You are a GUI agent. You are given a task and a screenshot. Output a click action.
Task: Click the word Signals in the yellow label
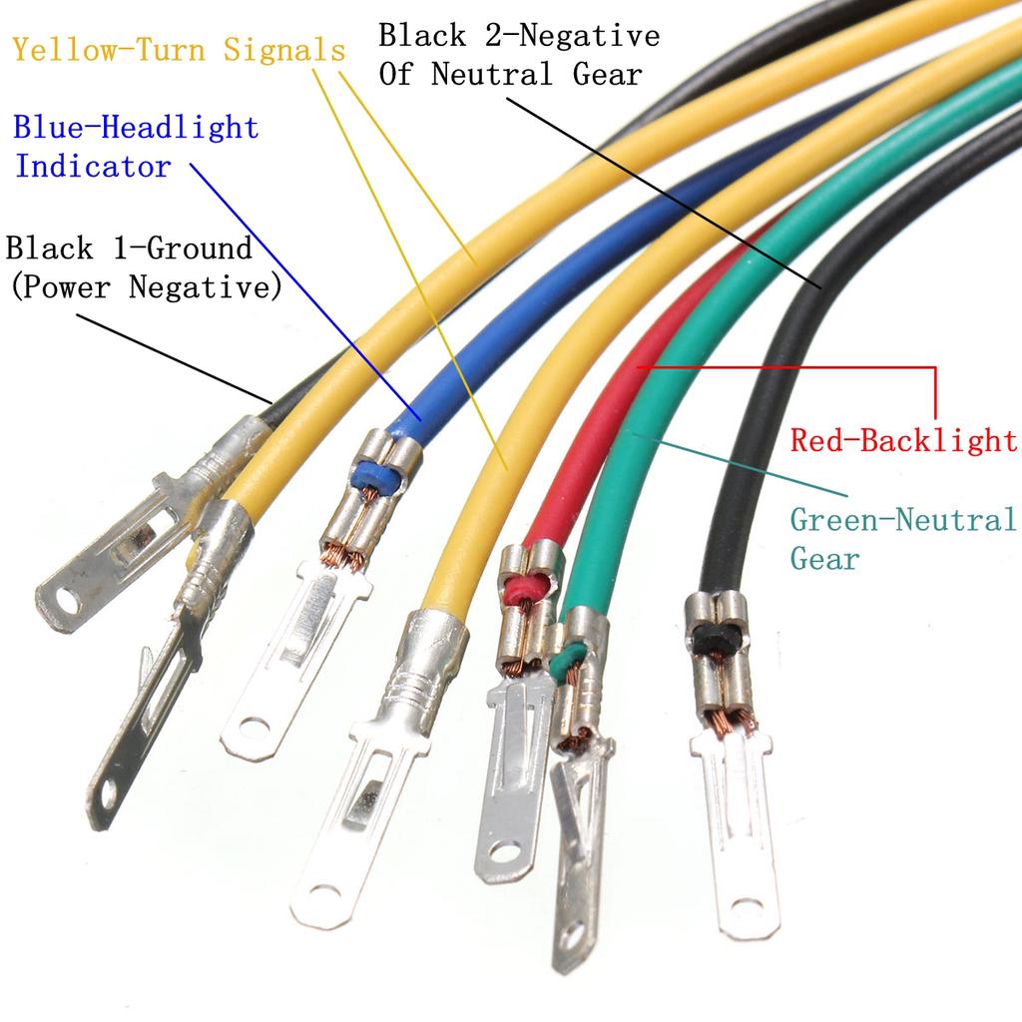(x=284, y=50)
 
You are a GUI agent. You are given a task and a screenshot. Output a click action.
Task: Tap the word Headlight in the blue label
(x=181, y=127)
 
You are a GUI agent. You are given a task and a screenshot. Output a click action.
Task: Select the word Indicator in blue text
(x=93, y=166)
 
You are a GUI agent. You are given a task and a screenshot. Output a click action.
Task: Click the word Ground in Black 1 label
(x=200, y=248)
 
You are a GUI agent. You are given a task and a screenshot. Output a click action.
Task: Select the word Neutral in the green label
(x=955, y=519)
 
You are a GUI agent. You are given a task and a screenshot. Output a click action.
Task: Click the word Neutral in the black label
(x=492, y=74)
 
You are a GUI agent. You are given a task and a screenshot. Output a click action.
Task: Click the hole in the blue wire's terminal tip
(x=255, y=727)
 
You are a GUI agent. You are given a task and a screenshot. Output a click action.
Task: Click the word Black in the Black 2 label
(x=422, y=35)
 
